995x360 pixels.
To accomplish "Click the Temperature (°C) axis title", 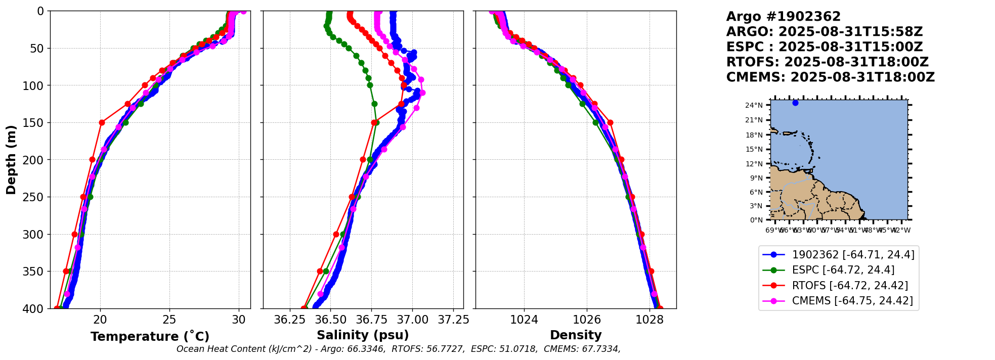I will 150,337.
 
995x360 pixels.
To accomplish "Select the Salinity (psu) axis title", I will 363,335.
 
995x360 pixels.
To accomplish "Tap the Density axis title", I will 576,335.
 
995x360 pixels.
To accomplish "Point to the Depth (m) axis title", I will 11,160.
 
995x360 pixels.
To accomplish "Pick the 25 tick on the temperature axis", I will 169,320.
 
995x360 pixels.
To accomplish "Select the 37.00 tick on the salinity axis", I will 412,320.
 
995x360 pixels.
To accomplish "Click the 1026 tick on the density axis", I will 587,320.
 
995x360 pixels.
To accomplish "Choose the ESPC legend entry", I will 843,270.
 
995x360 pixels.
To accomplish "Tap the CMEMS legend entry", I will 852,301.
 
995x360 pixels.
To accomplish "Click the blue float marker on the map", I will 795,103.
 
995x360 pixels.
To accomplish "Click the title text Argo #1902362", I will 783,17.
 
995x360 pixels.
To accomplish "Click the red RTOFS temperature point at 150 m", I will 102,122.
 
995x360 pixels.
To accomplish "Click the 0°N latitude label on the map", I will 756,220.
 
